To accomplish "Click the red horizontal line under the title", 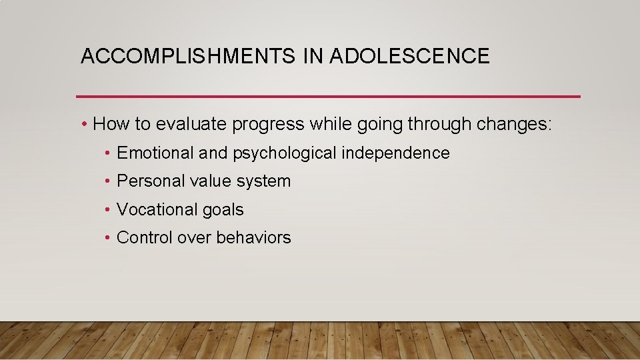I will [328, 97].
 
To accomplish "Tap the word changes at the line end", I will [513, 125].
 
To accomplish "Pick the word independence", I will [395, 153].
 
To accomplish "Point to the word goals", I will [222, 210].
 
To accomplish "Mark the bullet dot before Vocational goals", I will [108, 210].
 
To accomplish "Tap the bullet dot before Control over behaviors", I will [108, 238].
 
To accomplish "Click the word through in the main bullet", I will [433, 125].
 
